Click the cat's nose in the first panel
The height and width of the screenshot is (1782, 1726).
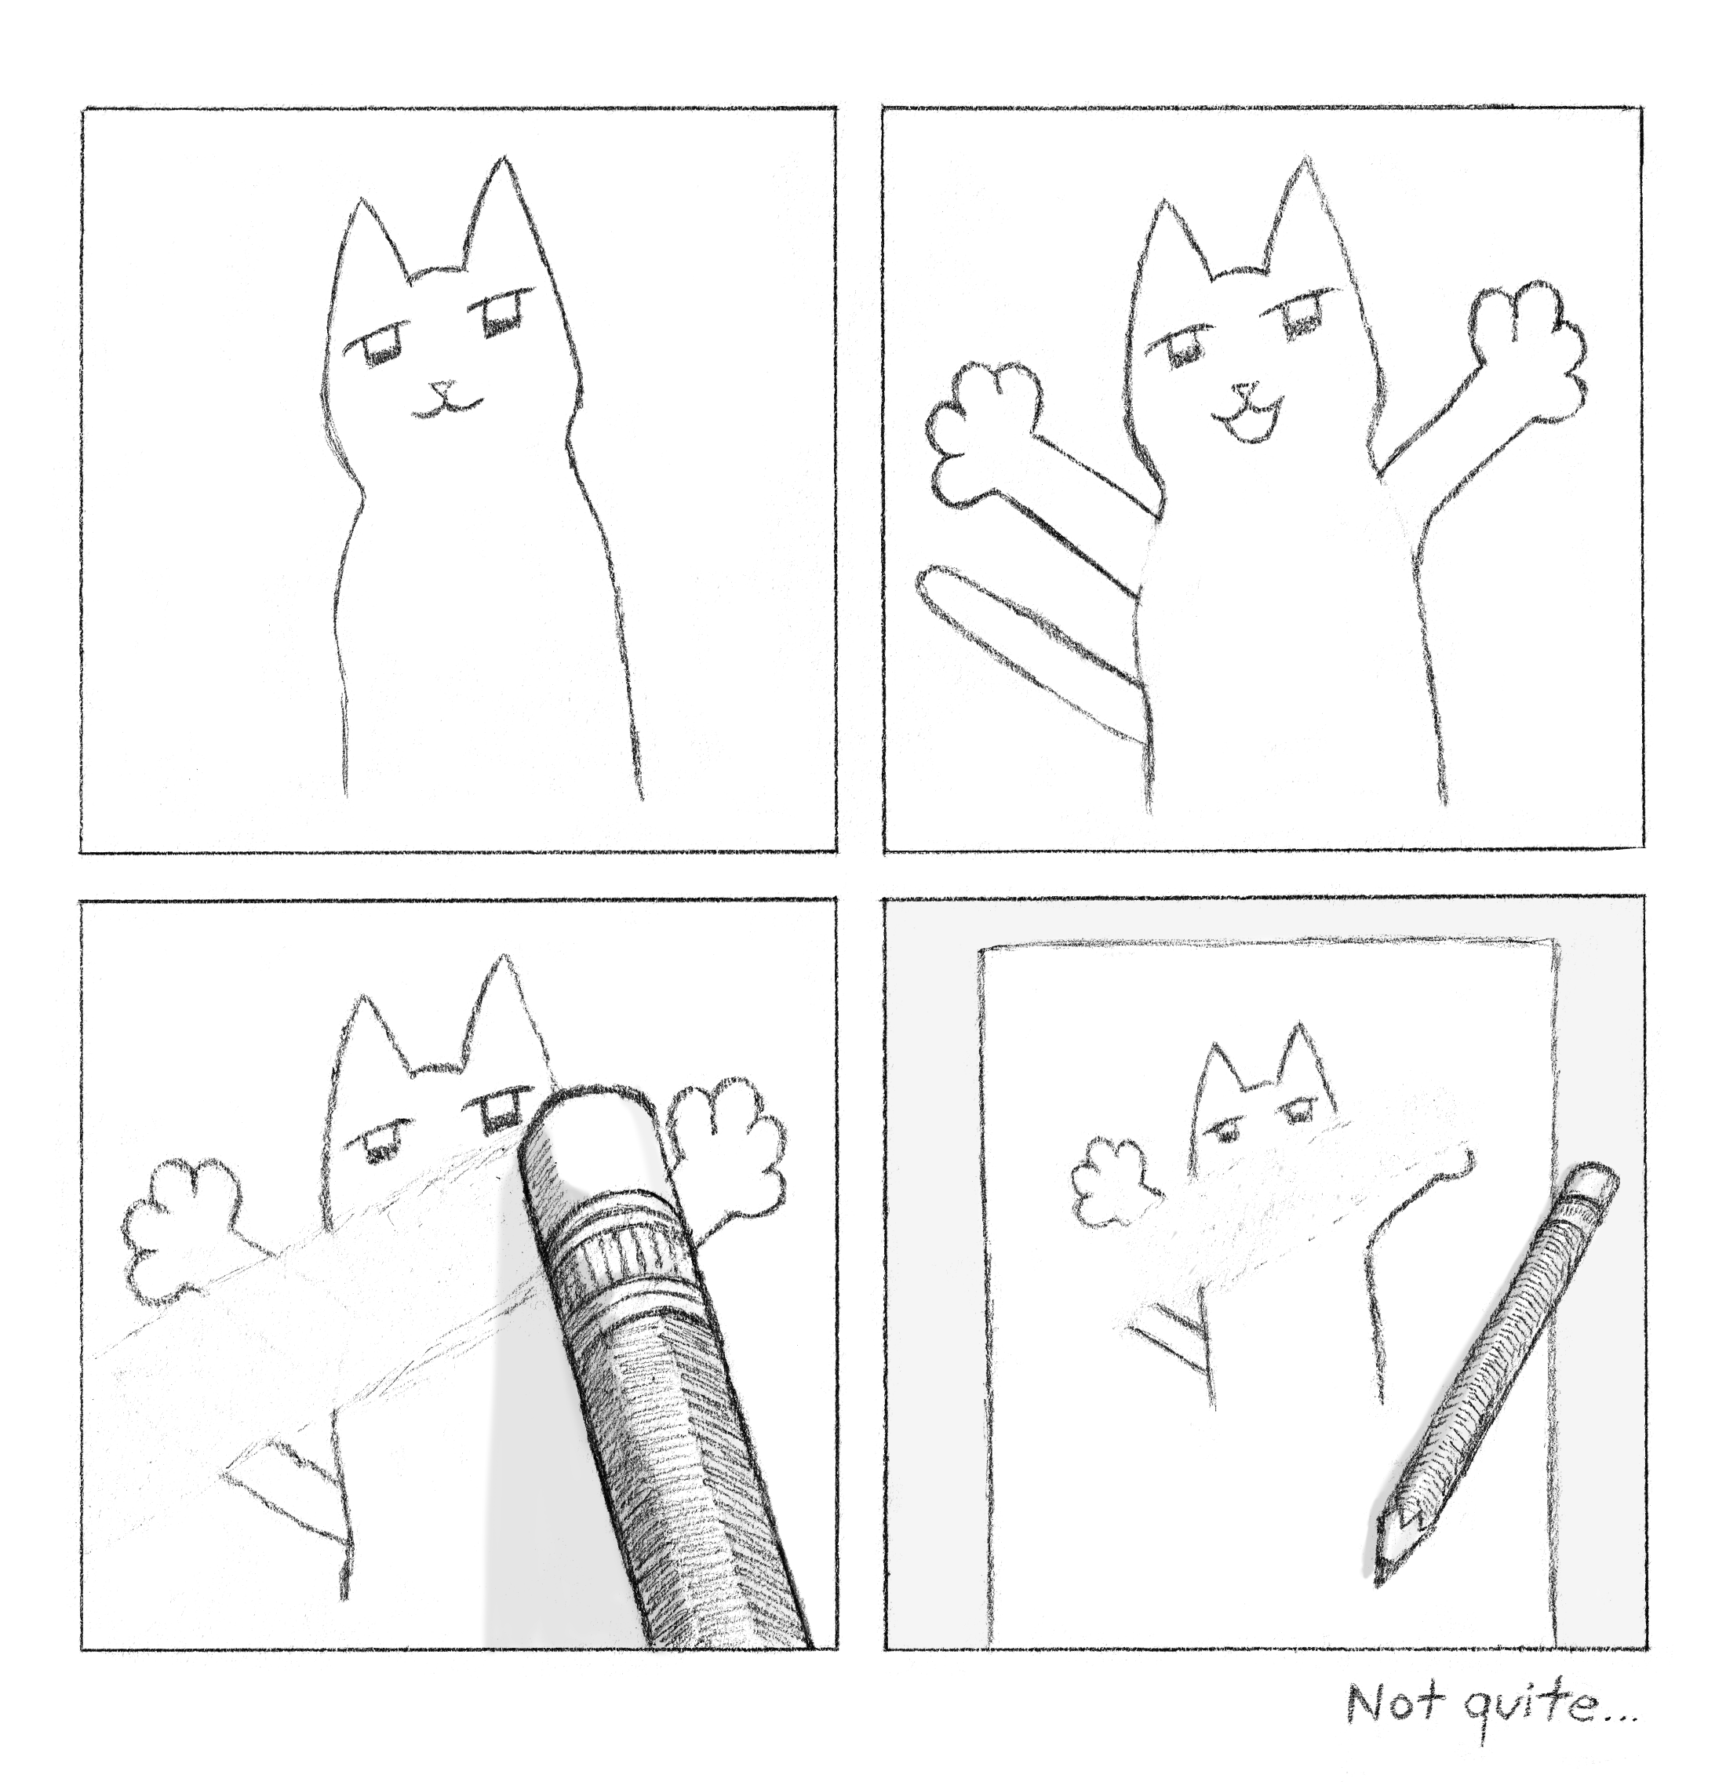coord(442,388)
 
